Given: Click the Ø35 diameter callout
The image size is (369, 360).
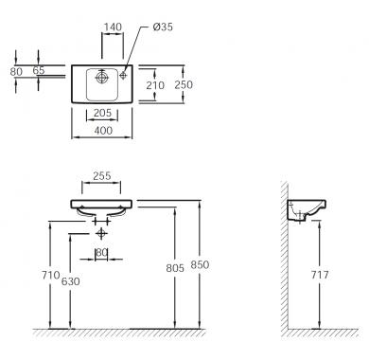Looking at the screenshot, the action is point(163,27).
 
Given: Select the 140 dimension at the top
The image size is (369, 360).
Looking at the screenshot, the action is point(113,27).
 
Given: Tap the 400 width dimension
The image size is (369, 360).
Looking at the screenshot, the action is point(103,130).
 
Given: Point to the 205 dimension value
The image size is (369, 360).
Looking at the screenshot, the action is point(102,113).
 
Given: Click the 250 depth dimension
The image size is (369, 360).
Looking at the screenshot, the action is point(184,84).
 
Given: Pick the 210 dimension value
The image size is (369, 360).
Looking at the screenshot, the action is point(155,85).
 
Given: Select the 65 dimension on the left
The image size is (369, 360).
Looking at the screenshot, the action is point(39,70).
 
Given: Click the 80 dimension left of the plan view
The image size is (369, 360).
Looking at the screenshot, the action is point(16,72).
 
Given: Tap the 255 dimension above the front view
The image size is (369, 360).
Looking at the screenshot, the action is point(101,176).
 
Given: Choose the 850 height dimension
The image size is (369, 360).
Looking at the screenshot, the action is point(200,264).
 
